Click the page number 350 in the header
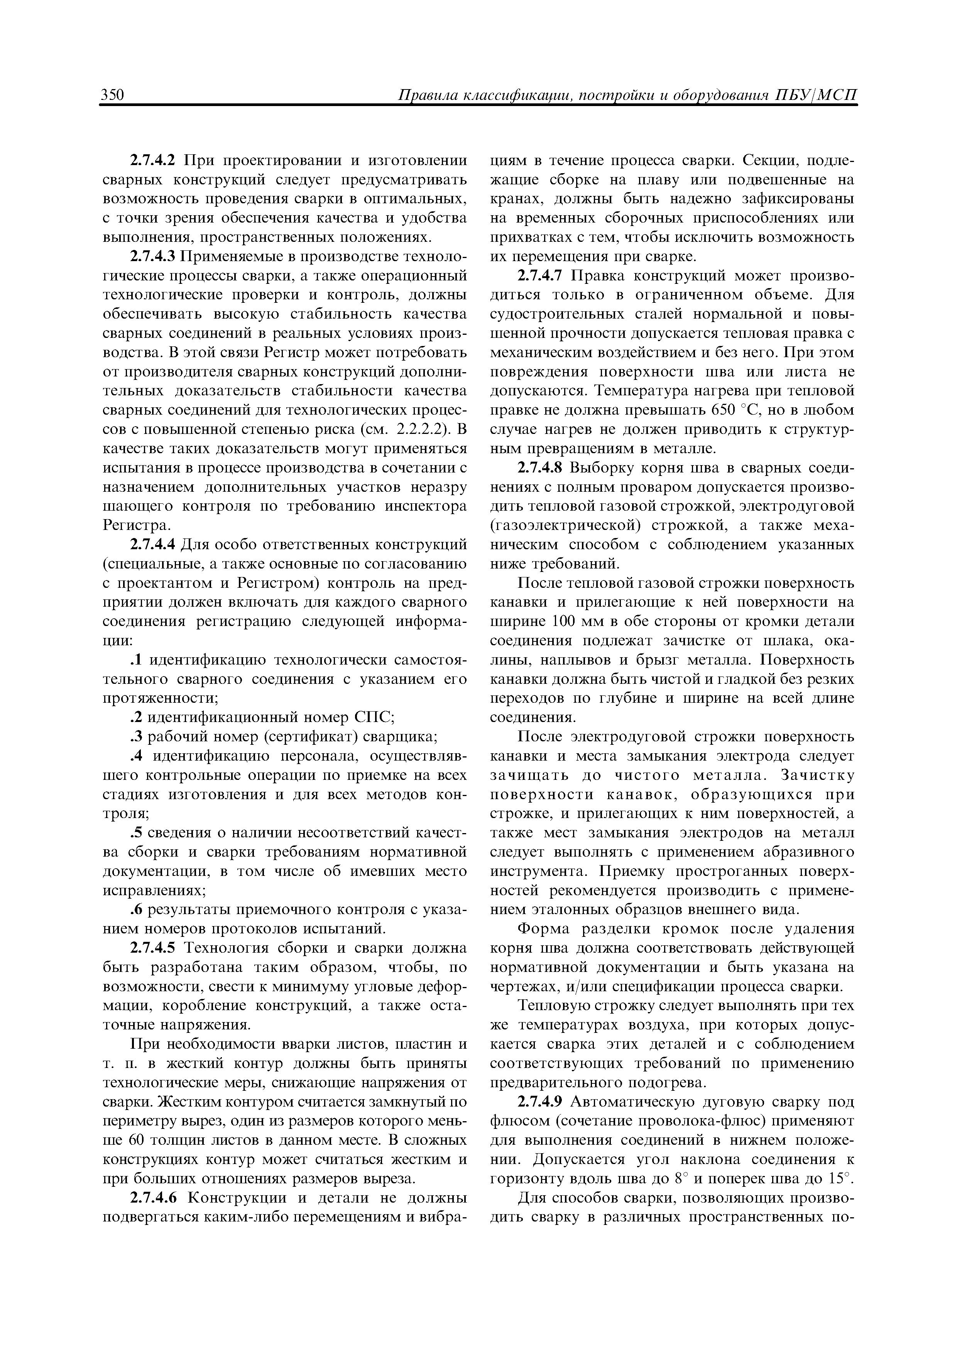(112, 96)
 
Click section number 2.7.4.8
(541, 468)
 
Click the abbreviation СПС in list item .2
(373, 718)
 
